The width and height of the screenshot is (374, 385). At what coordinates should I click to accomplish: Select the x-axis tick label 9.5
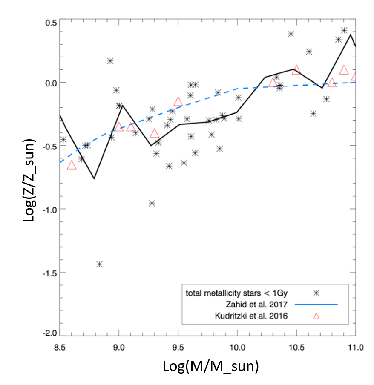[178, 347]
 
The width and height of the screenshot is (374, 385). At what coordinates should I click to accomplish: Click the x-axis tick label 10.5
[296, 347]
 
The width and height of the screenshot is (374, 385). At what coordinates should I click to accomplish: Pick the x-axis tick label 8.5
[60, 347]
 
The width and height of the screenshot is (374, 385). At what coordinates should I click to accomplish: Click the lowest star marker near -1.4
[100, 264]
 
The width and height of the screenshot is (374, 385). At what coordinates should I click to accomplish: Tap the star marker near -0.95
[152, 203]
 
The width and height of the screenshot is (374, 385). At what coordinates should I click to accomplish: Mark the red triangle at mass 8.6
[72, 165]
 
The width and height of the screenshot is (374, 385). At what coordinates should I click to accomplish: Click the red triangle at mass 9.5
[178, 102]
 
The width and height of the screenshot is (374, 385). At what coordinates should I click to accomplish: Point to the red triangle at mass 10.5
[296, 70]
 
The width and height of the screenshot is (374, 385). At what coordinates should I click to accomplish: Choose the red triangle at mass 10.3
[273, 83]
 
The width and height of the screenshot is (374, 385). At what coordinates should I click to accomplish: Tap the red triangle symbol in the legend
[316, 316]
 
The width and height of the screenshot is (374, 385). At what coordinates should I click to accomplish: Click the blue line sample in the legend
[316, 304]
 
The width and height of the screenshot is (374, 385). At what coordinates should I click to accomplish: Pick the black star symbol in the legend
[316, 293]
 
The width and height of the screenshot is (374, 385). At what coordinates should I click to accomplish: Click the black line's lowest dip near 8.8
[94, 178]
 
